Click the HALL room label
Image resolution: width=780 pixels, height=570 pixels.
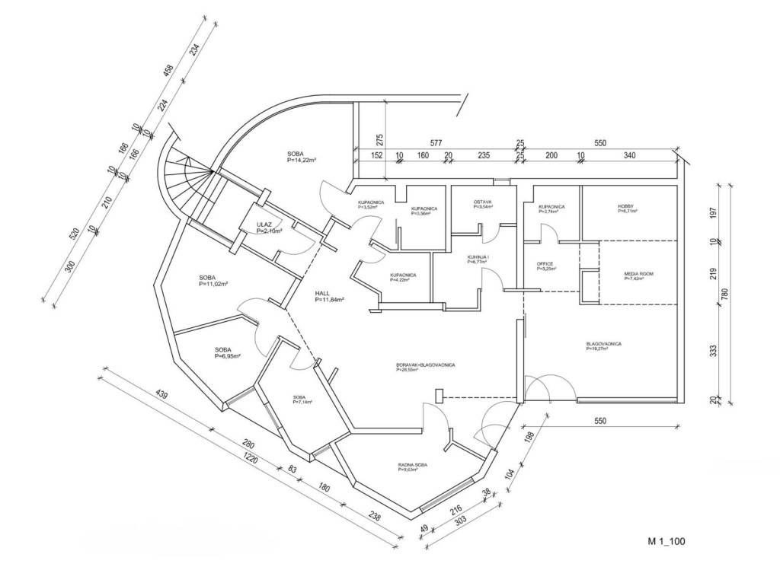coord(323,293)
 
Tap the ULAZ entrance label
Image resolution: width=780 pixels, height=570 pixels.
coord(264,224)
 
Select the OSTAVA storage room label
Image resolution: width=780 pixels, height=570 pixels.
coord(483,202)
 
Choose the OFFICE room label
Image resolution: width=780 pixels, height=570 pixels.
coord(546,263)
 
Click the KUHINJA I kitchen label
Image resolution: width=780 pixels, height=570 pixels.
coord(478,258)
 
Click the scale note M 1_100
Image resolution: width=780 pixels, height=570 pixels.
coord(667,542)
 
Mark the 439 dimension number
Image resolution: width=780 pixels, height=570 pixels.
coord(161,395)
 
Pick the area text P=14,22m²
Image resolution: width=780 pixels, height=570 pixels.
coord(302,161)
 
